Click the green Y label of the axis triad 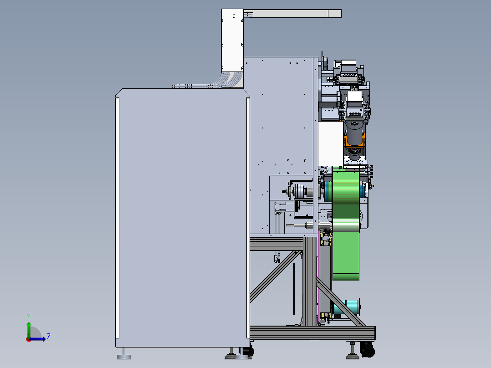(29, 317)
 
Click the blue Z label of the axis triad (49, 337)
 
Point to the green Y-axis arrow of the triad (29, 330)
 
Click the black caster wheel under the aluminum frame (367, 349)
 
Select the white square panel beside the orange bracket (331, 144)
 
